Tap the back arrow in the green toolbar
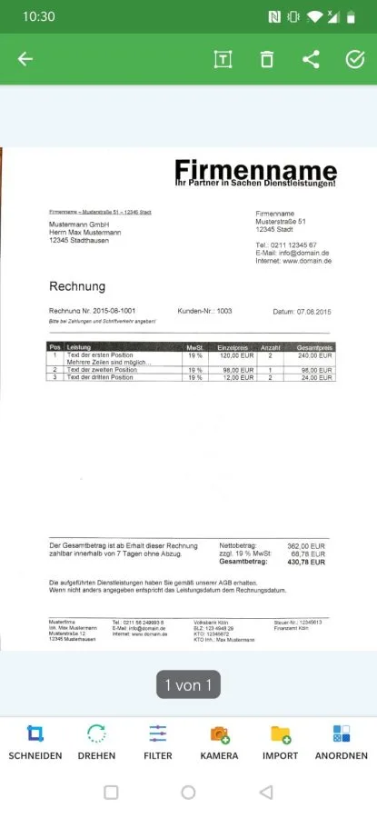coord(25,60)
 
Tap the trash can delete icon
coord(266,60)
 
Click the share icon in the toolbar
coord(311,60)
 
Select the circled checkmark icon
coord(355,60)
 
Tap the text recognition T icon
coord(223,60)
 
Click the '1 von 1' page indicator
coord(189,685)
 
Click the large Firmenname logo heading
coord(254,170)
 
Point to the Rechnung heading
coord(77,286)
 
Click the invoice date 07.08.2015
coord(313,312)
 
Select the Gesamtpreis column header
coord(313,348)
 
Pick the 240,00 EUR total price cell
coord(315,355)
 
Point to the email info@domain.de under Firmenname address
coord(305,253)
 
